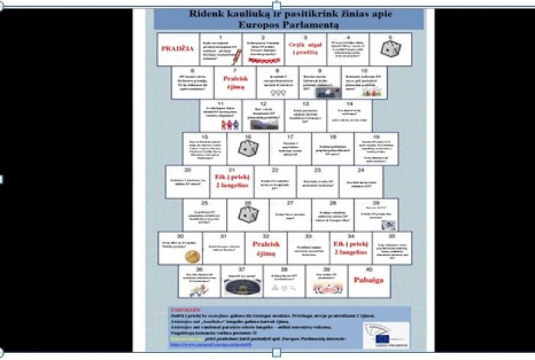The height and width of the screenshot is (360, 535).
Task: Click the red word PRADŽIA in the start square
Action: (x=176, y=49)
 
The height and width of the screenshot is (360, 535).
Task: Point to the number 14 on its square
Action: (x=350, y=103)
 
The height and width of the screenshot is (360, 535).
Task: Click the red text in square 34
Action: (x=350, y=247)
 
